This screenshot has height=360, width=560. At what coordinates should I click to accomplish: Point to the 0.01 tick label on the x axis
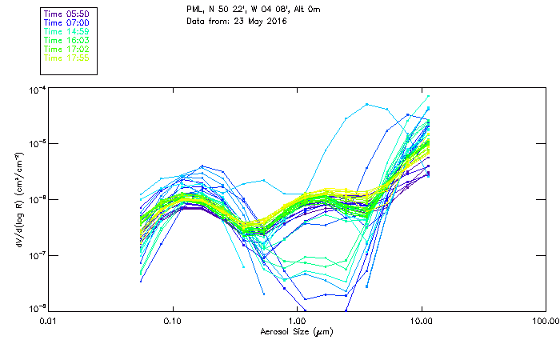(x=48, y=321)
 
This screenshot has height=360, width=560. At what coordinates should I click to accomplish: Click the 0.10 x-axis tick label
(x=173, y=321)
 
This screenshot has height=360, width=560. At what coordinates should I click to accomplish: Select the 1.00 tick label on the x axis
(x=298, y=321)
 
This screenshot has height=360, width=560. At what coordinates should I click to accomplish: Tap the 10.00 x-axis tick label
(x=422, y=321)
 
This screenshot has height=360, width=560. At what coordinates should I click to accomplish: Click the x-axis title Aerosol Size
(x=296, y=331)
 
